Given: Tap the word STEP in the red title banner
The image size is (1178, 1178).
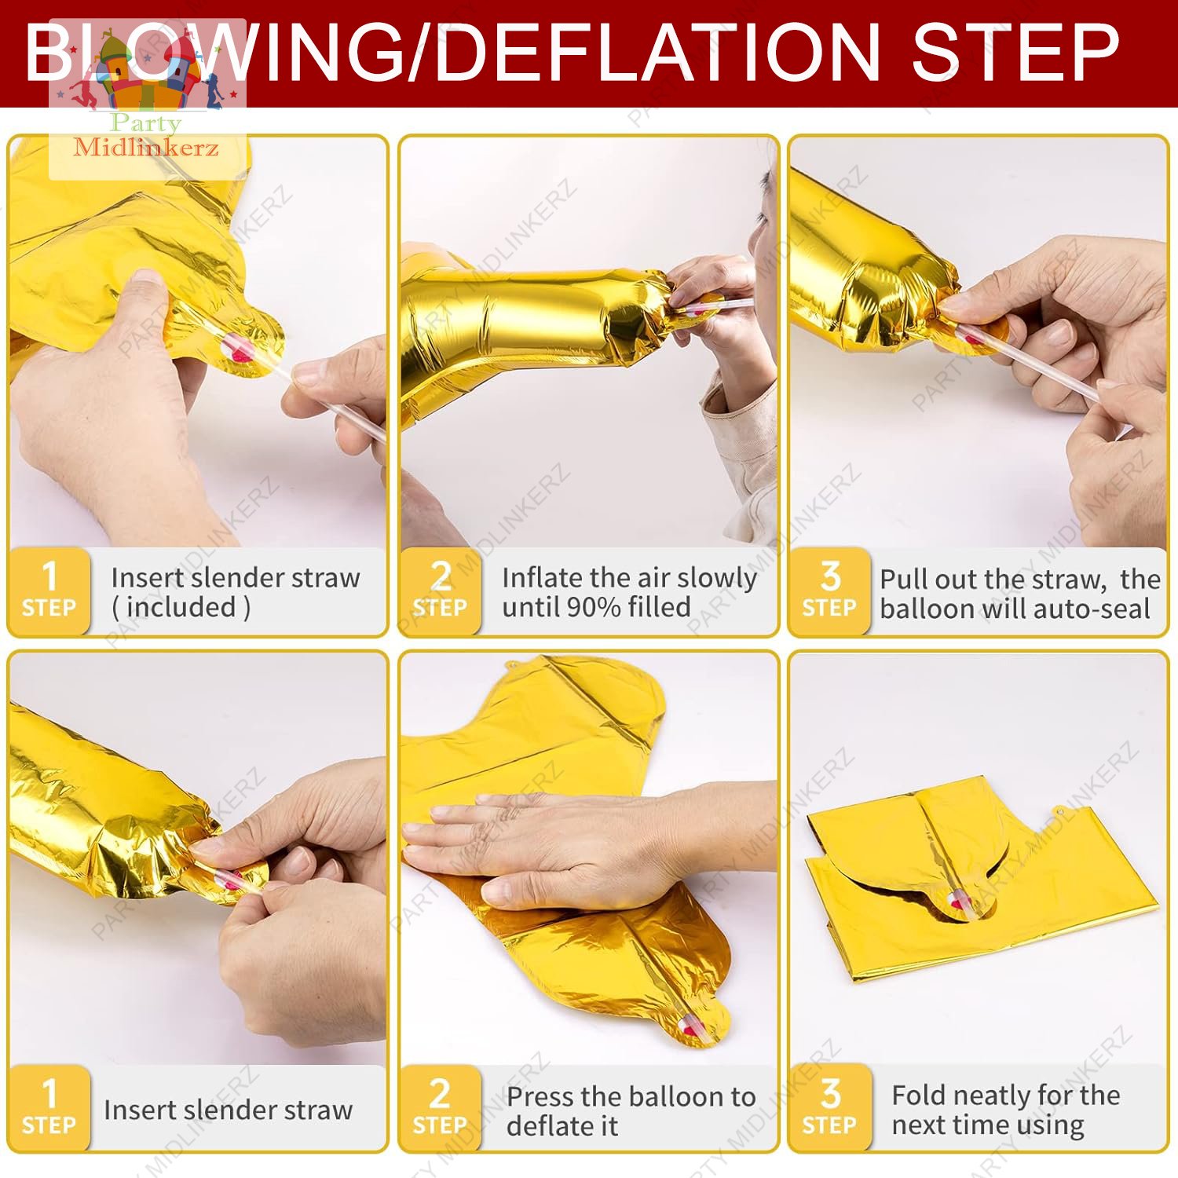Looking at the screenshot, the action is [1015, 52].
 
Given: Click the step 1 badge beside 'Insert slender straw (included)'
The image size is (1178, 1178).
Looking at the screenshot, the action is [49, 591].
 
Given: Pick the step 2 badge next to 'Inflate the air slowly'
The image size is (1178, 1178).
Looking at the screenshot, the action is [440, 591].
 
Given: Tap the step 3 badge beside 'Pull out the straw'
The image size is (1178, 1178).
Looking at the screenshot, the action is [830, 591].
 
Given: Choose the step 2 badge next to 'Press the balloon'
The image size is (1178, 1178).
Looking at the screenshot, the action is [440, 1108].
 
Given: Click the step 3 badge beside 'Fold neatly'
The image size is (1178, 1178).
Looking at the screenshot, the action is [830, 1108].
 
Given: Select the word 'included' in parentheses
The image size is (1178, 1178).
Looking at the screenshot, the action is [181, 607].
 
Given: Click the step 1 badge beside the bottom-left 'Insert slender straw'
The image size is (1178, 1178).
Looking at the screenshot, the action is [49, 1108].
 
